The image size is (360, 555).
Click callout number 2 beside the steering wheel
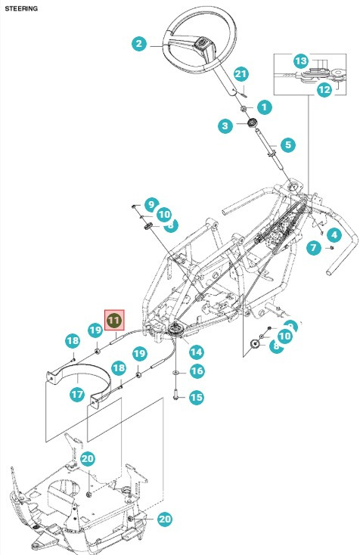click(x=138, y=44)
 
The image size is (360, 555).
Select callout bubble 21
click(x=241, y=73)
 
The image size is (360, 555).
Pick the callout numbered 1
click(x=264, y=107)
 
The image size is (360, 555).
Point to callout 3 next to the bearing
click(x=225, y=126)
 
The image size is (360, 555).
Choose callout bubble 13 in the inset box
click(x=300, y=60)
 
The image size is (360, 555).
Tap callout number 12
click(x=324, y=89)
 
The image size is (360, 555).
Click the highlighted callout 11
click(x=113, y=321)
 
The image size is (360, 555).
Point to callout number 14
click(x=196, y=352)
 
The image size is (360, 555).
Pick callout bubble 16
click(x=196, y=371)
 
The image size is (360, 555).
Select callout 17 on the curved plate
click(x=76, y=394)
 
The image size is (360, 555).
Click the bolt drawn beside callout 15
click(x=176, y=394)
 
